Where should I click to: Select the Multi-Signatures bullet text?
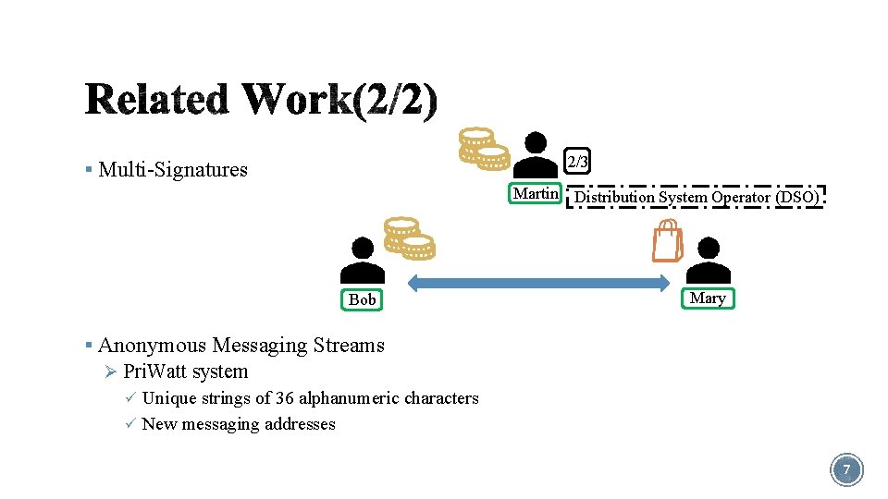[x=173, y=169]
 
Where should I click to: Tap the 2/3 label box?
[x=577, y=162]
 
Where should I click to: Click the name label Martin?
[x=536, y=194]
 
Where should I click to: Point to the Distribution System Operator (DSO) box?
[x=696, y=197]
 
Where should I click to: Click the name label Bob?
[x=363, y=299]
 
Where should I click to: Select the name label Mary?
[x=708, y=298]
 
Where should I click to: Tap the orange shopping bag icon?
[x=666, y=242]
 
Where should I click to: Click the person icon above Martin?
[x=536, y=153]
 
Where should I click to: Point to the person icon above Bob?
[x=363, y=260]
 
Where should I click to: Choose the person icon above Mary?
[x=708, y=260]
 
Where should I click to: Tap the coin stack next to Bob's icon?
[x=409, y=237]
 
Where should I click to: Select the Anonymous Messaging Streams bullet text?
[x=240, y=346]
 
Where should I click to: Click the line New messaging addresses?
[x=239, y=424]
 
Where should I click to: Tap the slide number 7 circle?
[x=846, y=470]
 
